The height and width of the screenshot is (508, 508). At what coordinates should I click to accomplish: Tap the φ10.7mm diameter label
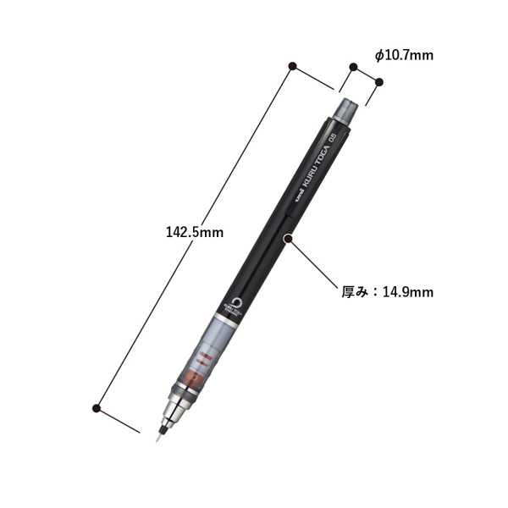pos(404,55)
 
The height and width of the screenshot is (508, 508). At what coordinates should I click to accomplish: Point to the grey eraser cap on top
pos(348,108)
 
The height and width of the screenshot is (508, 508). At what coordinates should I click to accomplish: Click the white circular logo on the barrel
pos(236,301)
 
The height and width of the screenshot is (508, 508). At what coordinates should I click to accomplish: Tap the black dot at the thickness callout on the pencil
pos(289,240)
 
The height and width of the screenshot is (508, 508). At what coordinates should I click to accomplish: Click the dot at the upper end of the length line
pos(292,65)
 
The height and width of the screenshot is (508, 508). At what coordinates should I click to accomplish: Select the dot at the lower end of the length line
pos(98,410)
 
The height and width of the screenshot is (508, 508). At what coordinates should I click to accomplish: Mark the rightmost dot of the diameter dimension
pos(378,82)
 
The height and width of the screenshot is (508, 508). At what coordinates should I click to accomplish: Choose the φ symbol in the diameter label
pos(378,55)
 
